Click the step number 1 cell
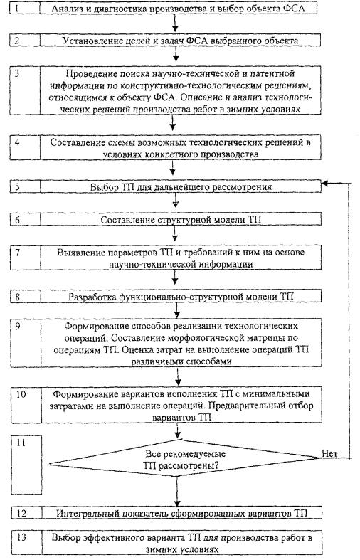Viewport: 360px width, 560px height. coord(25,9)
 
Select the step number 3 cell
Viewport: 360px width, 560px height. coord(25,90)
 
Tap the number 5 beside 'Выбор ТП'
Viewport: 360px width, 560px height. coord(18,187)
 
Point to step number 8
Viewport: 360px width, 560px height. coord(18,297)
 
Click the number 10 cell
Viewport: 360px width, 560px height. coord(26,405)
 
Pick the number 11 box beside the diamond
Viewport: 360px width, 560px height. coord(26,465)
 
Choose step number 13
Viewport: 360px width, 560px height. coord(21,537)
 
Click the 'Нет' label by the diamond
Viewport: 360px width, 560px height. coord(329,453)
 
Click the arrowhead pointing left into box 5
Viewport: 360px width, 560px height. coord(326,184)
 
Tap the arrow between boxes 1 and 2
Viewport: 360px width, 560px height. coord(175,23)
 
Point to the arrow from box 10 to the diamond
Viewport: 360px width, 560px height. coord(177,431)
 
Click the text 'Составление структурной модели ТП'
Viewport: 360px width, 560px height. coord(181,220)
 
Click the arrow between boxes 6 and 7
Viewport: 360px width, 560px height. coord(175,233)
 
